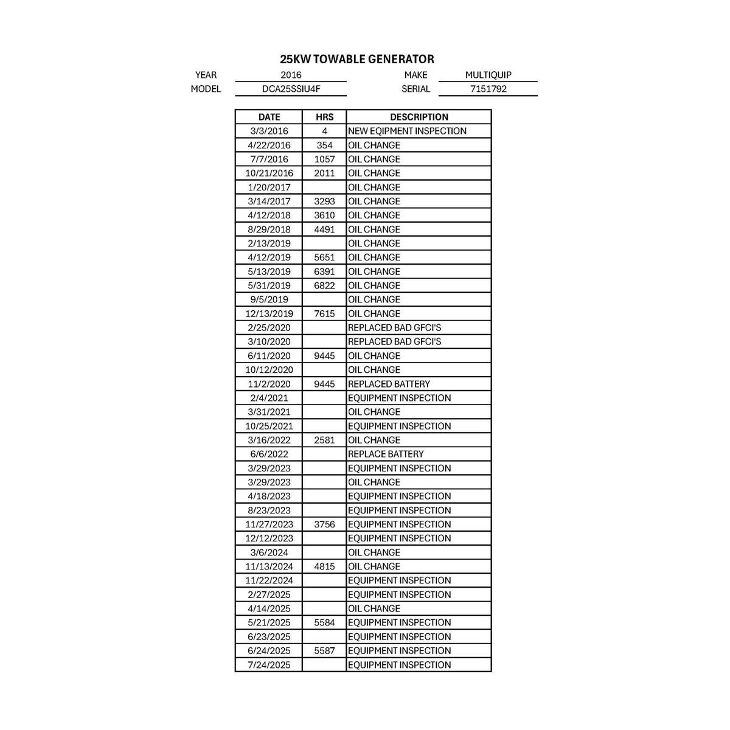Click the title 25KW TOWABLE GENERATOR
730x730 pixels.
(x=357, y=59)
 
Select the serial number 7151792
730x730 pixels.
(x=488, y=89)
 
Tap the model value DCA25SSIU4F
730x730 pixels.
(x=291, y=89)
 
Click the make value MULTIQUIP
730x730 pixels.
(x=488, y=75)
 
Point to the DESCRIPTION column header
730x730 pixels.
(x=419, y=117)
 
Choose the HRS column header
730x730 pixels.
(x=324, y=117)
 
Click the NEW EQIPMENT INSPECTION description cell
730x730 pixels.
(x=407, y=131)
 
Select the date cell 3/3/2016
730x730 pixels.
(x=269, y=131)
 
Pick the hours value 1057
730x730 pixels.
(x=324, y=159)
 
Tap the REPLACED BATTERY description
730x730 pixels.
(x=389, y=384)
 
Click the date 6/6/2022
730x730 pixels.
(x=269, y=454)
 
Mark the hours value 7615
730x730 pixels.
(x=324, y=314)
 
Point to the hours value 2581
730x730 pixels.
(x=324, y=440)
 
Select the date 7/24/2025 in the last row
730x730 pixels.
(x=269, y=665)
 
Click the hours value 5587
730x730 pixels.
(x=324, y=651)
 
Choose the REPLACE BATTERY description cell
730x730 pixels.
(x=386, y=454)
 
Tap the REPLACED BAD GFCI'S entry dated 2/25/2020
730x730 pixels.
(x=394, y=327)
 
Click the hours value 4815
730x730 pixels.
(x=324, y=566)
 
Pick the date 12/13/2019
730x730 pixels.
(x=269, y=314)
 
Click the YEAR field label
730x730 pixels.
(x=206, y=75)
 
